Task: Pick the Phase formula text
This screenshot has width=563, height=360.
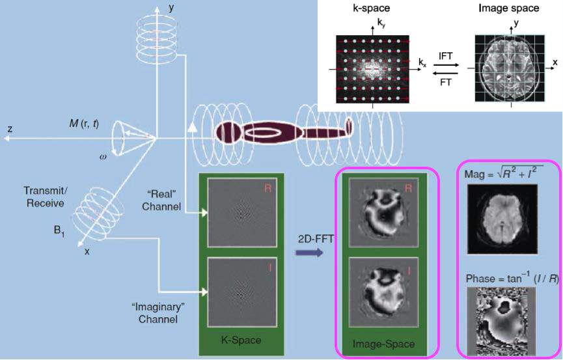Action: (x=503, y=279)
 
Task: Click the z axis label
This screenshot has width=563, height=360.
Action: (x=9, y=129)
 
